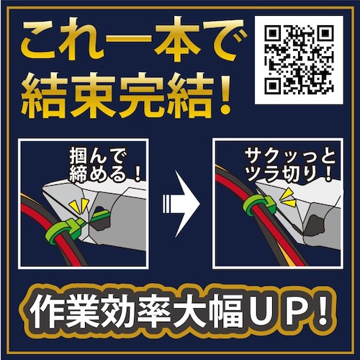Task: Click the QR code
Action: click(x=299, y=60)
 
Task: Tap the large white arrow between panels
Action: click(x=181, y=204)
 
